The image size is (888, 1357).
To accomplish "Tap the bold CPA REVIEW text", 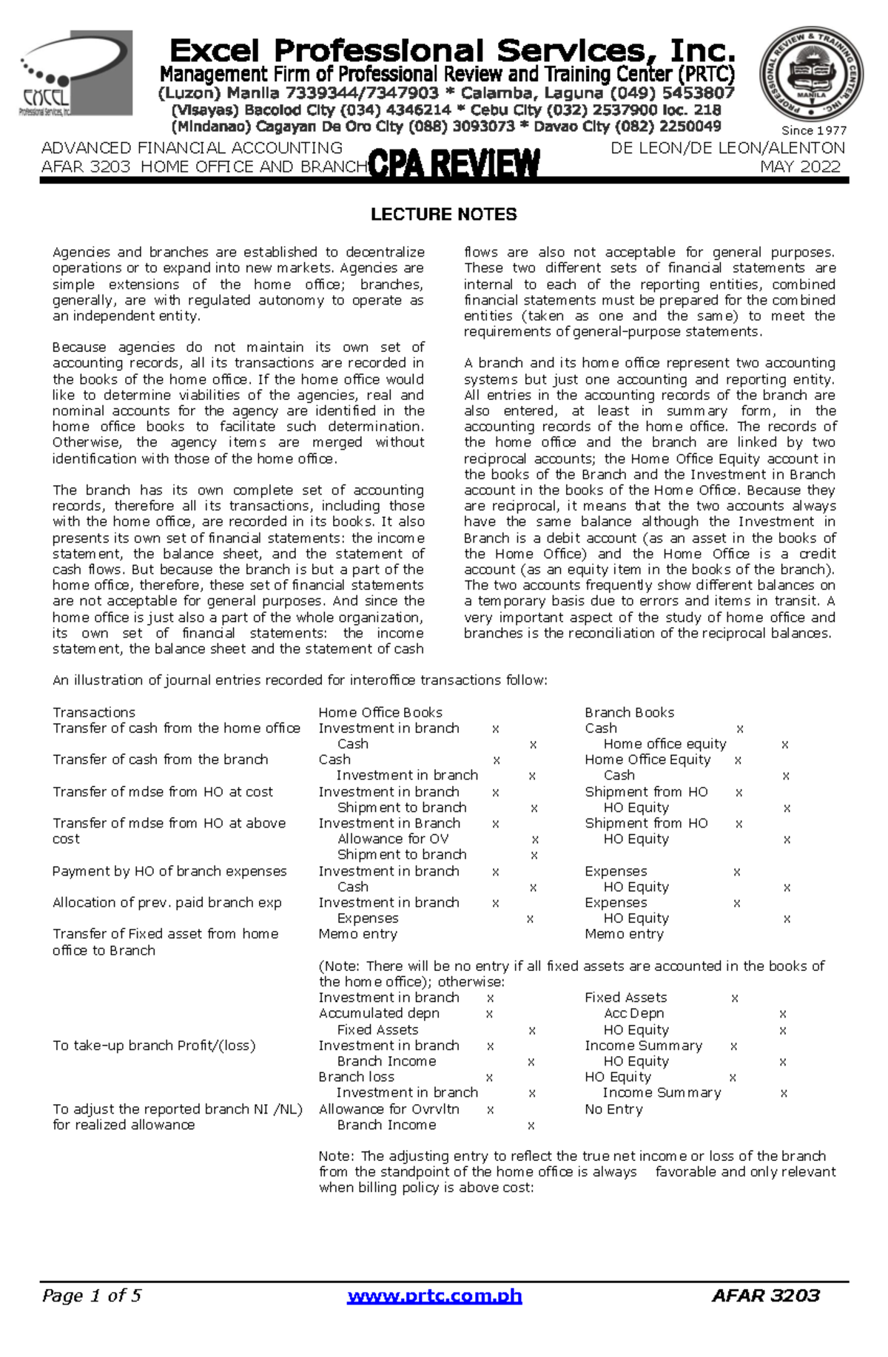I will [x=454, y=164].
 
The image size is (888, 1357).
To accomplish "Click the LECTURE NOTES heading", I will [x=443, y=214].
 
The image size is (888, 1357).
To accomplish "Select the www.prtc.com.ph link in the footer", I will [x=435, y=1295].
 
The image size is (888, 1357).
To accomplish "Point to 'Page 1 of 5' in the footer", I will [x=92, y=1295].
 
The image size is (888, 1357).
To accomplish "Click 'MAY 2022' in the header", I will [x=801, y=166].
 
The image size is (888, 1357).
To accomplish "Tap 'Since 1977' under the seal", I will [x=814, y=130].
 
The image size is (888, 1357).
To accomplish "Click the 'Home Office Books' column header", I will [x=380, y=712].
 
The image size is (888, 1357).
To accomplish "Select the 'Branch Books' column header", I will [x=629, y=712].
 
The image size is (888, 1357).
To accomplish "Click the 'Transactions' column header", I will [x=94, y=712].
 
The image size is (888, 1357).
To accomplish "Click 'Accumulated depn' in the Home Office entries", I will [x=379, y=1013].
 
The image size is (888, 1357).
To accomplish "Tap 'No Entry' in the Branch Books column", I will [x=613, y=1109].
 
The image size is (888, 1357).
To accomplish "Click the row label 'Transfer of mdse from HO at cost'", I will [x=163, y=791].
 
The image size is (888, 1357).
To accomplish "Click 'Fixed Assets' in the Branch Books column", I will [x=625, y=998].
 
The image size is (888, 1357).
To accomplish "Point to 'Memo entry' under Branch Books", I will [x=624, y=934].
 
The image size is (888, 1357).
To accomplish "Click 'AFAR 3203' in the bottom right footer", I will [x=765, y=1295].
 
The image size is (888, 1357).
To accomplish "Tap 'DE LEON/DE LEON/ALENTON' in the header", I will [x=727, y=148].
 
